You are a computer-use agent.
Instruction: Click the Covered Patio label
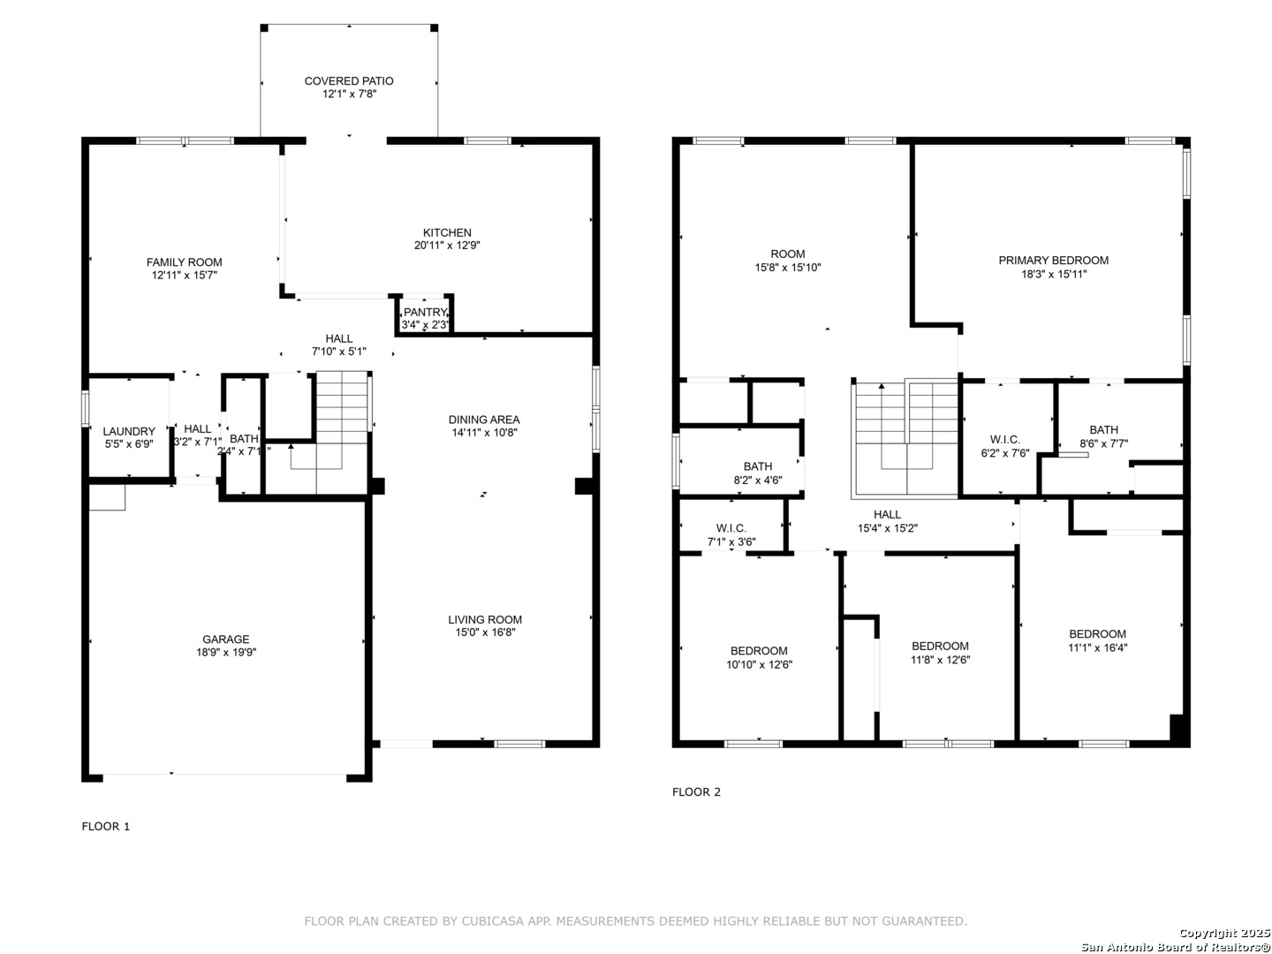click(349, 81)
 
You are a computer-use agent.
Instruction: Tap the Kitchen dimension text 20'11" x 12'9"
click(447, 246)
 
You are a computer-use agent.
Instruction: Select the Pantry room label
click(426, 312)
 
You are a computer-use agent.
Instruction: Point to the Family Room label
click(185, 262)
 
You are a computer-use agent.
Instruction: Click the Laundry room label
click(129, 432)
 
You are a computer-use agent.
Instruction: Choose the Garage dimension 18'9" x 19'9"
click(226, 652)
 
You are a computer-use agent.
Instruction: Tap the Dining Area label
click(484, 420)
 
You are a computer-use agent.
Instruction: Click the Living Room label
click(485, 619)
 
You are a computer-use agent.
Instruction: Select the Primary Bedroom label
click(1053, 261)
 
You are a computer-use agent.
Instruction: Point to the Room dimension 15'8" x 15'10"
click(788, 268)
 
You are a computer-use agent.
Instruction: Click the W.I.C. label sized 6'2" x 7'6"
click(1005, 440)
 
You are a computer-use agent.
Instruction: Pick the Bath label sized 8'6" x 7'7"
click(1103, 430)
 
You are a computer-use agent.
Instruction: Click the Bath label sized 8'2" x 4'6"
click(758, 466)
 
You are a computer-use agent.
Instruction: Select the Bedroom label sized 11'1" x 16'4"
click(1098, 633)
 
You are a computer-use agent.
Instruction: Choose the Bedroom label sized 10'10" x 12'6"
click(759, 650)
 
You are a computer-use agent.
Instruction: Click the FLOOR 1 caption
click(106, 827)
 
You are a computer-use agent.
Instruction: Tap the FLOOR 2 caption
click(696, 791)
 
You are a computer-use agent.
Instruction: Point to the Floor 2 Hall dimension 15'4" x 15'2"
click(887, 528)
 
